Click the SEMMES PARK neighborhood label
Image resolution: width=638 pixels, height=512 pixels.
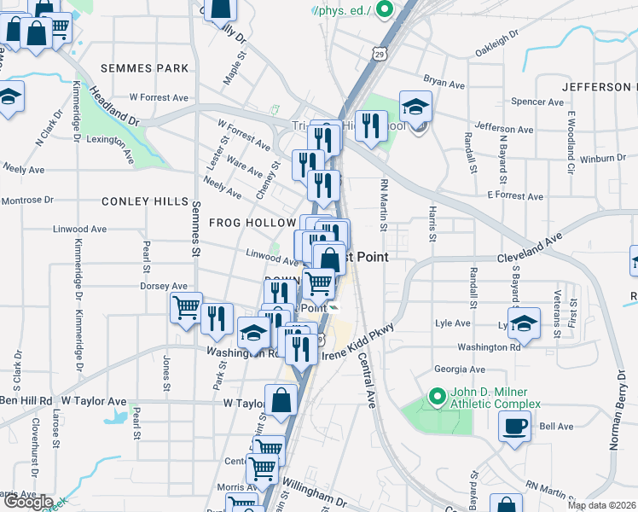(143, 67)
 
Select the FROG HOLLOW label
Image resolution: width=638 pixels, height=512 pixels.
(252, 223)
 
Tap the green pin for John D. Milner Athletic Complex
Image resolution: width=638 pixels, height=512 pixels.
(438, 397)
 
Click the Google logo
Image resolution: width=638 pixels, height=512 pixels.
(28, 502)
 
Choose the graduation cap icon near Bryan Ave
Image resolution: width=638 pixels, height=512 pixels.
(415, 107)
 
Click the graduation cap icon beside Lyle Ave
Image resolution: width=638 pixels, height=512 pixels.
(525, 323)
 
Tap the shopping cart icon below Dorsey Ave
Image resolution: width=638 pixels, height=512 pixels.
(186, 308)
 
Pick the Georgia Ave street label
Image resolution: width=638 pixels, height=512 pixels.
(459, 369)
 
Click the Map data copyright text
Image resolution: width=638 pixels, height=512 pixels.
(601, 505)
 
